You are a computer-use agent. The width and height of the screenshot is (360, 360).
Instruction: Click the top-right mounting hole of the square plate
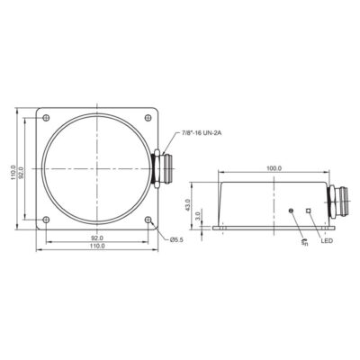point(148,118)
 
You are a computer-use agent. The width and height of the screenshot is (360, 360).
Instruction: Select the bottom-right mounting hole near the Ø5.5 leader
point(148,220)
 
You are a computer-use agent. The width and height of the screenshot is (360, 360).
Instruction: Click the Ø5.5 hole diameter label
point(175,238)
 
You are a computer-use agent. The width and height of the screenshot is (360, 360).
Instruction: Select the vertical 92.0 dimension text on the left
point(27,169)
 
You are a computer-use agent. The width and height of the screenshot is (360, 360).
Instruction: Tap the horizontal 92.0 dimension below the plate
point(96,238)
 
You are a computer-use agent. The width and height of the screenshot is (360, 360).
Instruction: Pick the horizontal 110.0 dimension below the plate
point(96,247)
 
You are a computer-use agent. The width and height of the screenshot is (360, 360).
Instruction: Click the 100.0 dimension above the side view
point(273,168)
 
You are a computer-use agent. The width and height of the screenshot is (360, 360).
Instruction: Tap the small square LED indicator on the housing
point(308,211)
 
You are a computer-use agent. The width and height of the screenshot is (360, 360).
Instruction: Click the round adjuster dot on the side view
point(291,211)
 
